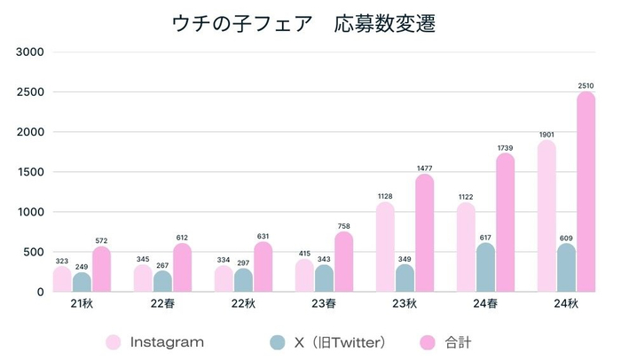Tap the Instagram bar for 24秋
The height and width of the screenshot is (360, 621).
(547, 216)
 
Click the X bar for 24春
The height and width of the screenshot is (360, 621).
(485, 267)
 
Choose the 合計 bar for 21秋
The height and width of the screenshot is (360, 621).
(102, 270)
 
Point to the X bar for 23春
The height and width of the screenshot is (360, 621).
(325, 278)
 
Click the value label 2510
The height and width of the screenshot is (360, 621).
(586, 85)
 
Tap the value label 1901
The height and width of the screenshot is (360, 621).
(547, 134)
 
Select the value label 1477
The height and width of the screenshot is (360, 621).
(425, 168)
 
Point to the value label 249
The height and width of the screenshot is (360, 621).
(82, 266)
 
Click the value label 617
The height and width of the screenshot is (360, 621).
(485, 237)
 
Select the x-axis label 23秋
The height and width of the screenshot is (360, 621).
(405, 304)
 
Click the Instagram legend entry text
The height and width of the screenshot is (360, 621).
(167, 341)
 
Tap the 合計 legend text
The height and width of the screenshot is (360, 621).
(452, 341)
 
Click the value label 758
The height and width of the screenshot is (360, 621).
(344, 225)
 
